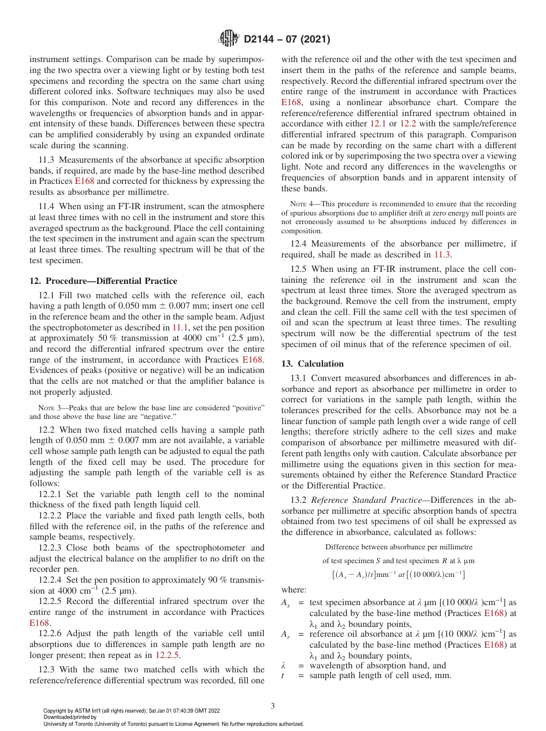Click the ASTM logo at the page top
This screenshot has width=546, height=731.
coord(230,39)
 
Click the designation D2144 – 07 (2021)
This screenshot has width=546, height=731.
coord(287,40)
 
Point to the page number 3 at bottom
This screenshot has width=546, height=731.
coord(272,706)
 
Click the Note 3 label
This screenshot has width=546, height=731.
coord(48,407)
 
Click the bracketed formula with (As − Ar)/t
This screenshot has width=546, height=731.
coord(398,574)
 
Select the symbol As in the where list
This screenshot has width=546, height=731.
coord(285,602)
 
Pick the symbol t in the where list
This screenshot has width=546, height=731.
coord(283,675)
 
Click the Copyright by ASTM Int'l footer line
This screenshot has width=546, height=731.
coord(132,711)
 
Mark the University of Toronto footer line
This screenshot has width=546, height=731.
coord(173,724)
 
